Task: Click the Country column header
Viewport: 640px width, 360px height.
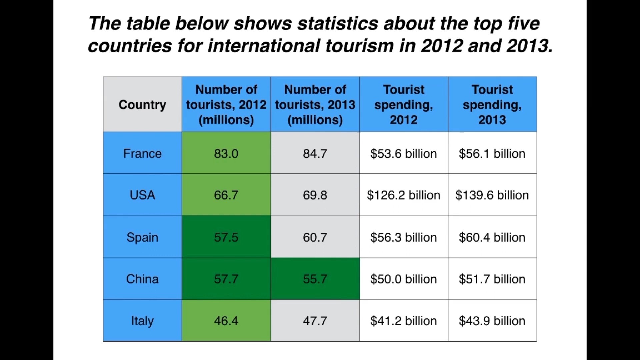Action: pos(142,104)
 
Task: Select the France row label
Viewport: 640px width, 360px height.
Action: pos(142,153)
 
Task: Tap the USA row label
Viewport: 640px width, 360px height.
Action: pos(142,195)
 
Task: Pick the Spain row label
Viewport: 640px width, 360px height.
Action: pos(142,237)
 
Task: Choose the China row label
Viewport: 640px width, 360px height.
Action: pos(142,279)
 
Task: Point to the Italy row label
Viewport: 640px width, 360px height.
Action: pos(142,320)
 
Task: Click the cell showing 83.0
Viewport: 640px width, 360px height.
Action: pos(226,153)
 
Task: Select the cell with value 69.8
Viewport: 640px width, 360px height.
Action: pos(315,195)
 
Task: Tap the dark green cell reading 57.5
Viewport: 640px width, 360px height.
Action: pos(226,237)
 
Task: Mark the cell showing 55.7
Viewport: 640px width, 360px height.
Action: pos(315,279)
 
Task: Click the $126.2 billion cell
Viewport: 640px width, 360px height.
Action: pos(404,195)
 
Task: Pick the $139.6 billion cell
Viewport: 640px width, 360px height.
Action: pos(492,195)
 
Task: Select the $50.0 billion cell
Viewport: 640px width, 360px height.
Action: pos(404,279)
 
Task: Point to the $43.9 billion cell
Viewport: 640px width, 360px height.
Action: pos(492,320)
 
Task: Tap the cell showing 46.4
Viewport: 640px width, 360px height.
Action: pos(226,320)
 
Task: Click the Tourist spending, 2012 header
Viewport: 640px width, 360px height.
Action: pos(404,104)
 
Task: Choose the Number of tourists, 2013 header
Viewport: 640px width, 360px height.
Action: pos(315,104)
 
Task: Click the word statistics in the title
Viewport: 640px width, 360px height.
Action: pos(338,23)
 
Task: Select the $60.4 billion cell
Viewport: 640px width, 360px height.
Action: pos(492,237)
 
